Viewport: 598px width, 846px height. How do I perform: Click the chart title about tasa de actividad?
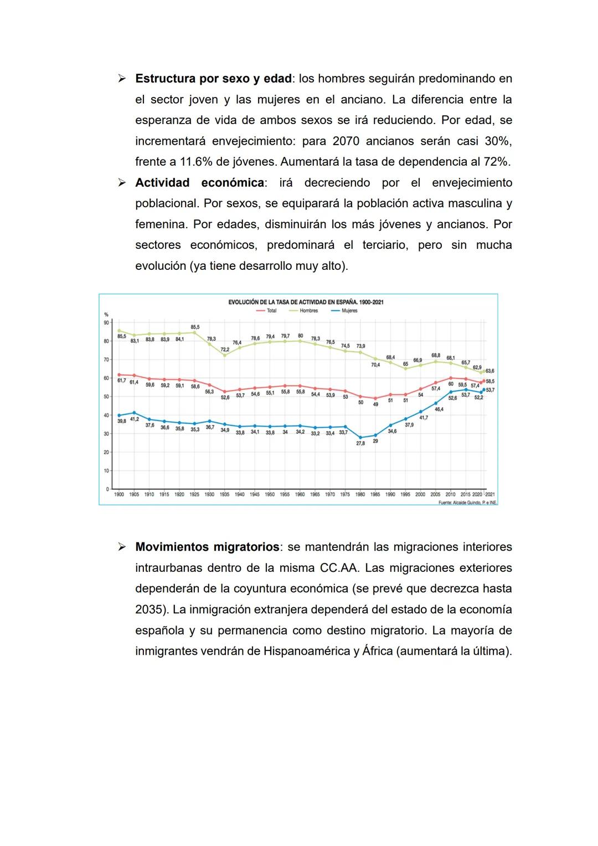click(x=306, y=302)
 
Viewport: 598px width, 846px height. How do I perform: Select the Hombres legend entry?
click(x=308, y=311)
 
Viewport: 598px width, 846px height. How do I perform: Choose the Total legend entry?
click(x=271, y=311)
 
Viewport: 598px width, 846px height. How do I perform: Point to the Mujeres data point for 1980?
click(x=360, y=438)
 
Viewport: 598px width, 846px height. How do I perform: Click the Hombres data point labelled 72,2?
click(x=225, y=355)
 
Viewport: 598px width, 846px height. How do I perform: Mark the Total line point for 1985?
click(x=375, y=398)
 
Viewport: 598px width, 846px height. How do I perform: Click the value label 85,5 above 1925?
click(x=195, y=327)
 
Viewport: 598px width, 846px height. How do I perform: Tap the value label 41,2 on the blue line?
click(x=134, y=419)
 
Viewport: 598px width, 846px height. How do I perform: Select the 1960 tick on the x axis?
click(x=300, y=494)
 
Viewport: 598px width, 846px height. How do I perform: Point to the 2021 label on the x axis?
click(x=490, y=494)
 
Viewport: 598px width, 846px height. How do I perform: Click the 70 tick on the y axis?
click(x=106, y=360)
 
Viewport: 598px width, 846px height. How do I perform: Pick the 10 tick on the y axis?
click(x=106, y=471)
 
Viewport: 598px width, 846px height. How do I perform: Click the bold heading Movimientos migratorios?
click(x=207, y=547)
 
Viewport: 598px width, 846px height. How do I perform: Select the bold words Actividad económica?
click(x=199, y=183)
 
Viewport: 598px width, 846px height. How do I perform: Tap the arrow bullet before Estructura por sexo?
click(x=122, y=79)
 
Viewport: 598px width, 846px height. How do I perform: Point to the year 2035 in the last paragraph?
click(x=149, y=609)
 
